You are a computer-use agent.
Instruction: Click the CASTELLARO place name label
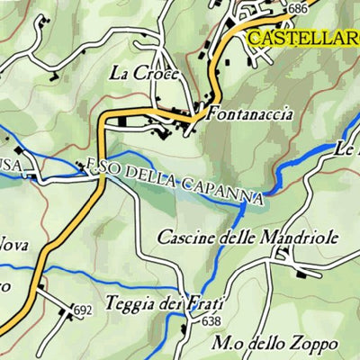tap(302, 38)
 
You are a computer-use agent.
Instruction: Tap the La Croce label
tap(145, 74)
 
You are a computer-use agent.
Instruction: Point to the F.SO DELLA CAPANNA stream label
tap(175, 179)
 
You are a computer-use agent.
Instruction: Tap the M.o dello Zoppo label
tap(275, 343)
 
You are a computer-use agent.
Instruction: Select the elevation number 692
tap(84, 310)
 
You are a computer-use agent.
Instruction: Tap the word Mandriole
tap(286, 238)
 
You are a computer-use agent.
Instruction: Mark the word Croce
tap(158, 74)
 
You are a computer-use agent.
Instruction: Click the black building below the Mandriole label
tap(281, 256)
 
